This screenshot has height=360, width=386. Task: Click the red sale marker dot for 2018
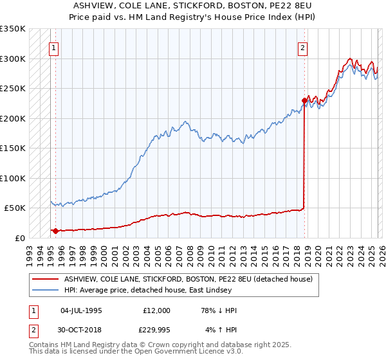click(x=304, y=100)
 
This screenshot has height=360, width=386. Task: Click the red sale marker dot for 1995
click(x=55, y=231)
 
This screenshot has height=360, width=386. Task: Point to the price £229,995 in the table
click(x=156, y=331)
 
